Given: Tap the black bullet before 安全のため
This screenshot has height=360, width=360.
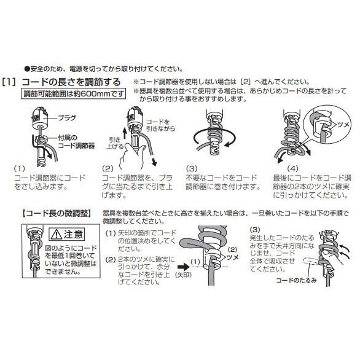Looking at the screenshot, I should [x=26, y=69].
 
